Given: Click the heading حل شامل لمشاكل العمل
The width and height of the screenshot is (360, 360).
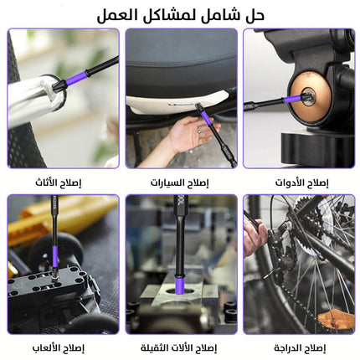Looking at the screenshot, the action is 181,15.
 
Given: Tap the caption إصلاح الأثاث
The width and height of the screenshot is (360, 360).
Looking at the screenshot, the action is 58,183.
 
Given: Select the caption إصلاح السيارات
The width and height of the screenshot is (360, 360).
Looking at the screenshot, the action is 180,183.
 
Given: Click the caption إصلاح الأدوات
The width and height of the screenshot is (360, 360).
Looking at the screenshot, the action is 302,183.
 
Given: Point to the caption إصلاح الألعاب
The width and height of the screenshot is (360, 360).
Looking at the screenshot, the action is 58,347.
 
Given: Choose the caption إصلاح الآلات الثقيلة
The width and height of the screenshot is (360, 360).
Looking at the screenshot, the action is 178,347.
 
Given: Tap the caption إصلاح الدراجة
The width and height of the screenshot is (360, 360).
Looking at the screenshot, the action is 300,347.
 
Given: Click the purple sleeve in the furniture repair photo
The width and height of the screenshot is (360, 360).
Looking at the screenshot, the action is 76,79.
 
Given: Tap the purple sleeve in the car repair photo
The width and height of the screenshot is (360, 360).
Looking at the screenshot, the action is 206,117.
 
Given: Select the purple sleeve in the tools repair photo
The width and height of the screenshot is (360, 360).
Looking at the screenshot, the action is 292,99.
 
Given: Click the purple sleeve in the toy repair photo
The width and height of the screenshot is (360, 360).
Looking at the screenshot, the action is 55,256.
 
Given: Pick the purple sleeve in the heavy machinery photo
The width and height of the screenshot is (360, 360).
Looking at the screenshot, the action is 179,284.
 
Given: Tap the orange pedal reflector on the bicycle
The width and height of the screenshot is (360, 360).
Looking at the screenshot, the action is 336,320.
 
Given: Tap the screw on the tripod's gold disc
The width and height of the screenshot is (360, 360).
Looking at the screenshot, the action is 309,96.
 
